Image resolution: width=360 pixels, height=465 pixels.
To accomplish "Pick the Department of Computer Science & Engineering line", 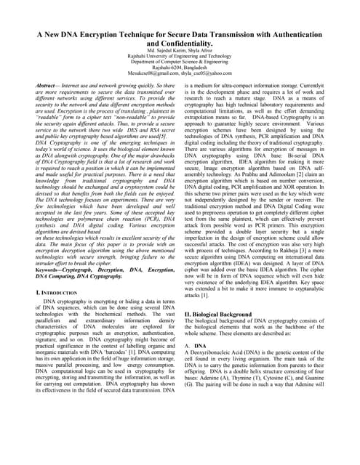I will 180,60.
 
